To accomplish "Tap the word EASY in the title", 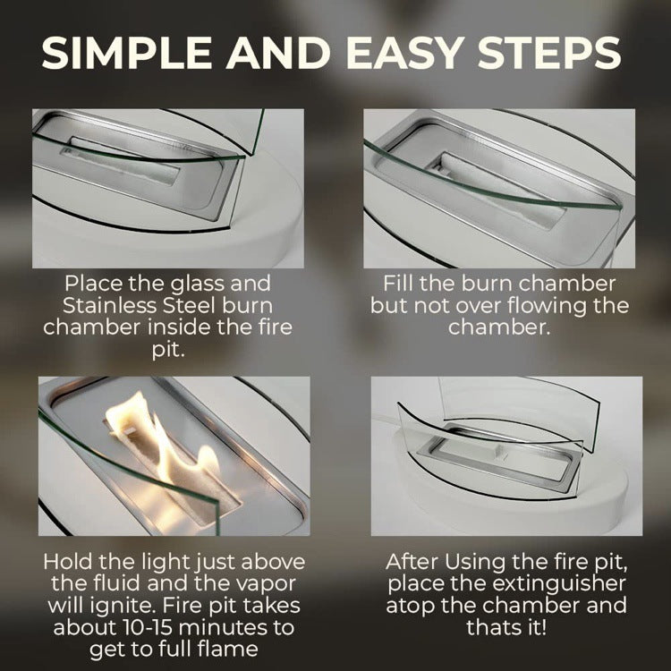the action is pos(408,53).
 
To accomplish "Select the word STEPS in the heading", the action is pos(549,53).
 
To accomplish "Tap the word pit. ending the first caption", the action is pos(168,351).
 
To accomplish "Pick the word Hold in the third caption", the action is pos(68,562).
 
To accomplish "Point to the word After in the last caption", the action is pos(412,562).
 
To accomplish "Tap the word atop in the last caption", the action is pos(411,607).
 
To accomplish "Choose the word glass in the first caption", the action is pos(198,285).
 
